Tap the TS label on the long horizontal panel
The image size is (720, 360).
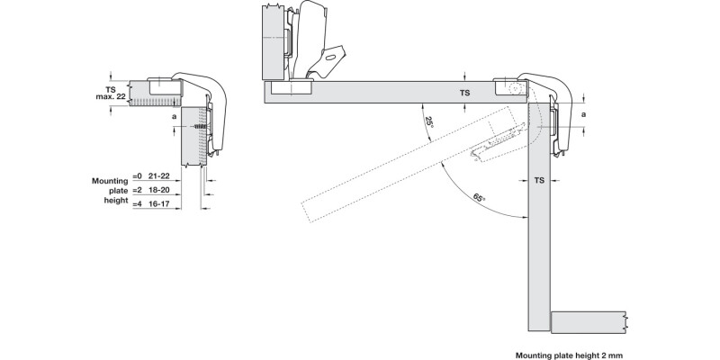pyautogui.click(x=464, y=93)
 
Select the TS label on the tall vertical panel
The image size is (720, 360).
pyautogui.click(x=539, y=181)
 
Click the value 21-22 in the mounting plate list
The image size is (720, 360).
pyautogui.click(x=158, y=180)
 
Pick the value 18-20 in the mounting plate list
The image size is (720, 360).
pyautogui.click(x=158, y=192)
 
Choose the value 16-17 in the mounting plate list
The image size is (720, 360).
pyautogui.click(x=158, y=203)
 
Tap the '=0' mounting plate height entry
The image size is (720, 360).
pyautogui.click(x=138, y=180)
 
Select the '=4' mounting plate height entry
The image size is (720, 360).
pyautogui.click(x=138, y=203)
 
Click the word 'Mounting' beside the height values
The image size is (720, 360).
pyautogui.click(x=110, y=180)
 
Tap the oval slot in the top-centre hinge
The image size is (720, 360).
pyautogui.click(x=332, y=56)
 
